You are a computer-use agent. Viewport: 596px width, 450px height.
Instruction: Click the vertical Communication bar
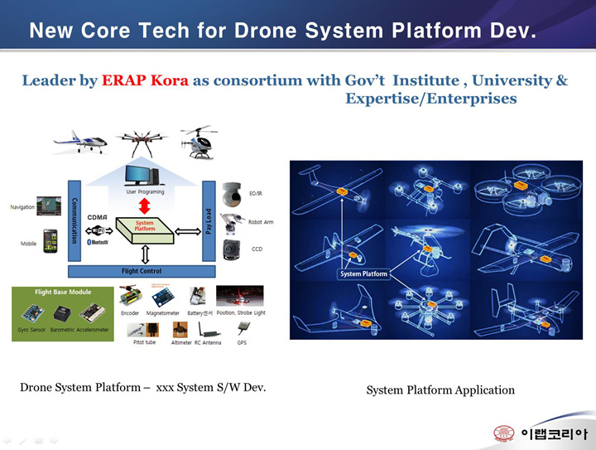coord(74,220)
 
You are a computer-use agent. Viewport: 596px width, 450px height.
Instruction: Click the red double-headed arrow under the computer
coord(143,205)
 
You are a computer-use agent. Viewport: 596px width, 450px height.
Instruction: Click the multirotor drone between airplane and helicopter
coord(142,140)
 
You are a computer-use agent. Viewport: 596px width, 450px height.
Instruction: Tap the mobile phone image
coord(50,240)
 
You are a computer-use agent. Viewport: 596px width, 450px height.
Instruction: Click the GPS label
coord(242,341)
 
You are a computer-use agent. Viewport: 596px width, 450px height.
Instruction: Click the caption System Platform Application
coord(440,390)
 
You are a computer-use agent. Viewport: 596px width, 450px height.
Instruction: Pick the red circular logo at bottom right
coord(503,433)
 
